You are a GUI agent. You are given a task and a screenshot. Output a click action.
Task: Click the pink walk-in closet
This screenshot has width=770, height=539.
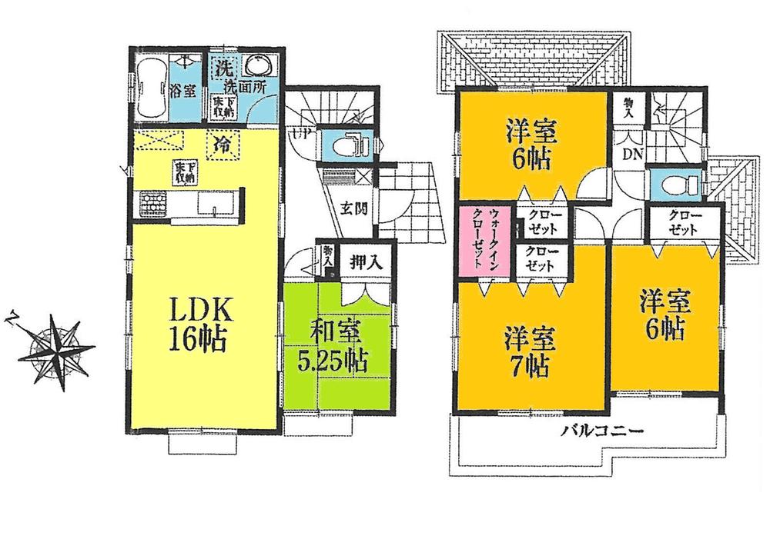(477, 239)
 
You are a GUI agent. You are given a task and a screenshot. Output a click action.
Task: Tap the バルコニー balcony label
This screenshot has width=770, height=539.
(602, 431)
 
